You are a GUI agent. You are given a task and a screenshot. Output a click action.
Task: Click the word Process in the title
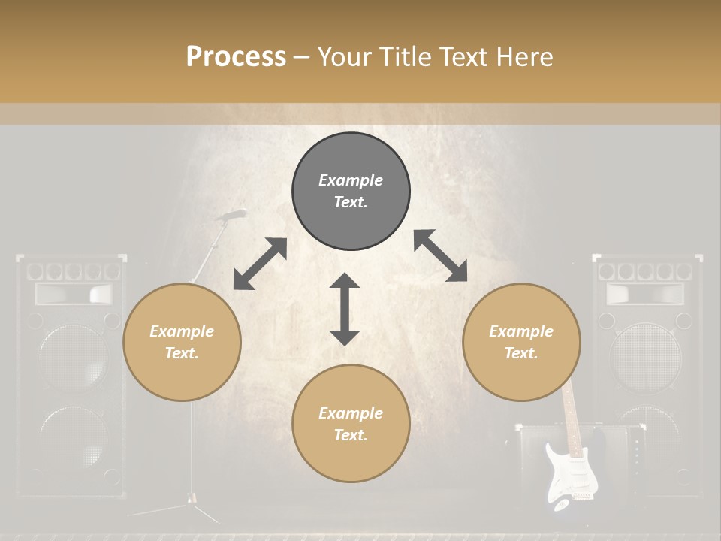tap(236, 57)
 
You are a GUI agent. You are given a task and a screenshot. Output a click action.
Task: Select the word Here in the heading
tap(523, 57)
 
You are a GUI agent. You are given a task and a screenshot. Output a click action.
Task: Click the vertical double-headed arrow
tap(345, 309)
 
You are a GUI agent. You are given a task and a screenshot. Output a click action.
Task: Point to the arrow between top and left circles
tap(260, 264)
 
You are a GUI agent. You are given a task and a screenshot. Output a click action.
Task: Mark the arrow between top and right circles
tap(440, 255)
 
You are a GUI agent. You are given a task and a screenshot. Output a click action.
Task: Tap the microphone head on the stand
tap(232, 215)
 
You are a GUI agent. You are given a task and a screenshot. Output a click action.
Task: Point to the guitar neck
tap(573, 414)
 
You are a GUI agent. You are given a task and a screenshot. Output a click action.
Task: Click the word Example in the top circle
tap(351, 180)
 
